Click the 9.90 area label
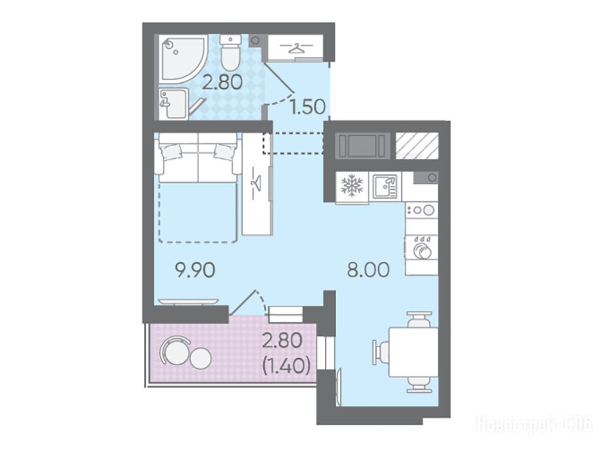click(194, 271)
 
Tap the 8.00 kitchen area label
click(368, 270)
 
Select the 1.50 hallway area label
click(308, 107)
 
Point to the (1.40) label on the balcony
click(286, 366)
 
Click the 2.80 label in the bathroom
click(222, 82)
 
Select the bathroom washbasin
click(174, 104)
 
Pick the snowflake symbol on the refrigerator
click(352, 185)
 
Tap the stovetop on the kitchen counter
click(421, 210)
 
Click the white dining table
click(413, 352)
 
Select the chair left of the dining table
click(380, 352)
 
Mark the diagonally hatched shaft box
click(417, 145)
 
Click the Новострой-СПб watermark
click(534, 425)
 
